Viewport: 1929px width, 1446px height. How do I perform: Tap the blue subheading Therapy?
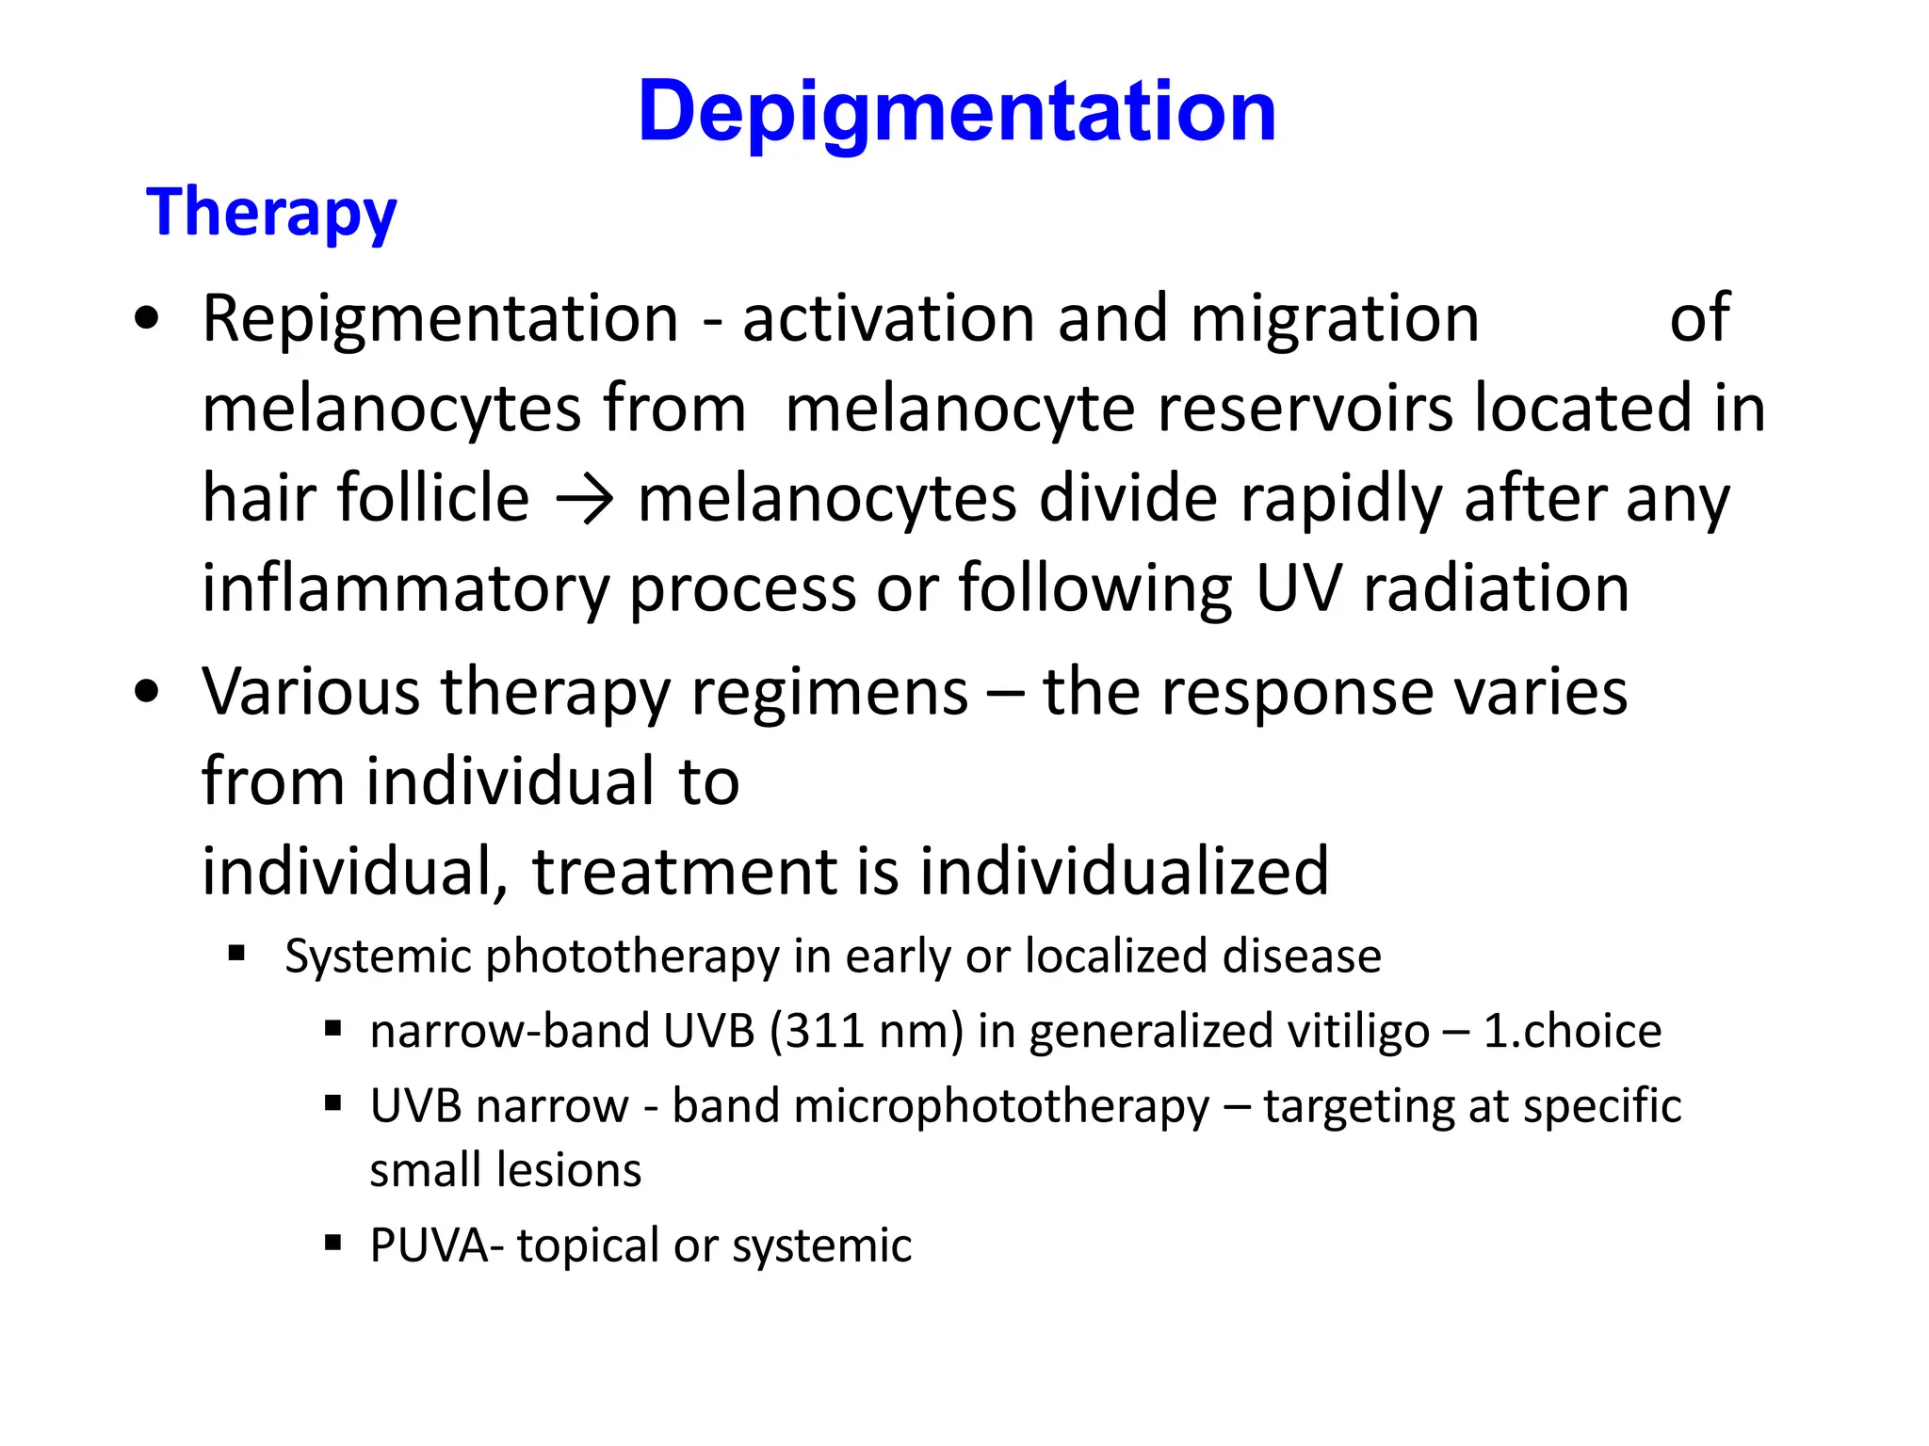point(271,213)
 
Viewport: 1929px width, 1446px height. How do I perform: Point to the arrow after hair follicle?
point(584,500)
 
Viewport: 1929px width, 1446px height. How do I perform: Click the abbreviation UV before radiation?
point(1297,588)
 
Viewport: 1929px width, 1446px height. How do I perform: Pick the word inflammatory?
point(406,588)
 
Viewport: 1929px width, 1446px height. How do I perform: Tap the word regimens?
point(829,692)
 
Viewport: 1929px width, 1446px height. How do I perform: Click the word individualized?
point(1124,871)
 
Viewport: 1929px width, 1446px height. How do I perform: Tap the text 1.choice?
point(1572,1031)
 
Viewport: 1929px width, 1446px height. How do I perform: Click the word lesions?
point(570,1170)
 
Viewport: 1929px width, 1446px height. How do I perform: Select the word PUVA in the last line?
point(430,1245)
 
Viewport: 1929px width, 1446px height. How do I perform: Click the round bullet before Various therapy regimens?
point(147,692)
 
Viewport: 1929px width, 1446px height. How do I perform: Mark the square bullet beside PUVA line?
point(332,1243)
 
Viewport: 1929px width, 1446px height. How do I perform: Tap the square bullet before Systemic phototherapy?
point(236,955)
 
